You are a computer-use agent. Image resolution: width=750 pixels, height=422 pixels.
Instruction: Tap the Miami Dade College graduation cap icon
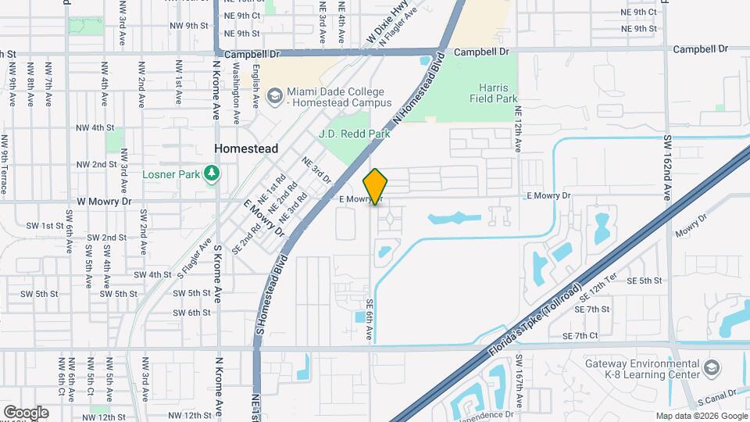(x=274, y=96)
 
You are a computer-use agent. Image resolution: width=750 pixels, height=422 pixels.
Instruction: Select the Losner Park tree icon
(x=211, y=173)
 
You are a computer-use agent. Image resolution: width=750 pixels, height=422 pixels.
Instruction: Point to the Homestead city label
(x=246, y=148)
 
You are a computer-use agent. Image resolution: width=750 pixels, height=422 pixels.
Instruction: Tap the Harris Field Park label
(x=494, y=94)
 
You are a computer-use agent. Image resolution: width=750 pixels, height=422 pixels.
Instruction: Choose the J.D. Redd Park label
(x=354, y=134)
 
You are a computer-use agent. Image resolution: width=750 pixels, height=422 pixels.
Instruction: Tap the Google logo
(x=26, y=413)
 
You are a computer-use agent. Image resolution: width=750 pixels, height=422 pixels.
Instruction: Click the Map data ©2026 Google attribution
(x=701, y=416)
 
